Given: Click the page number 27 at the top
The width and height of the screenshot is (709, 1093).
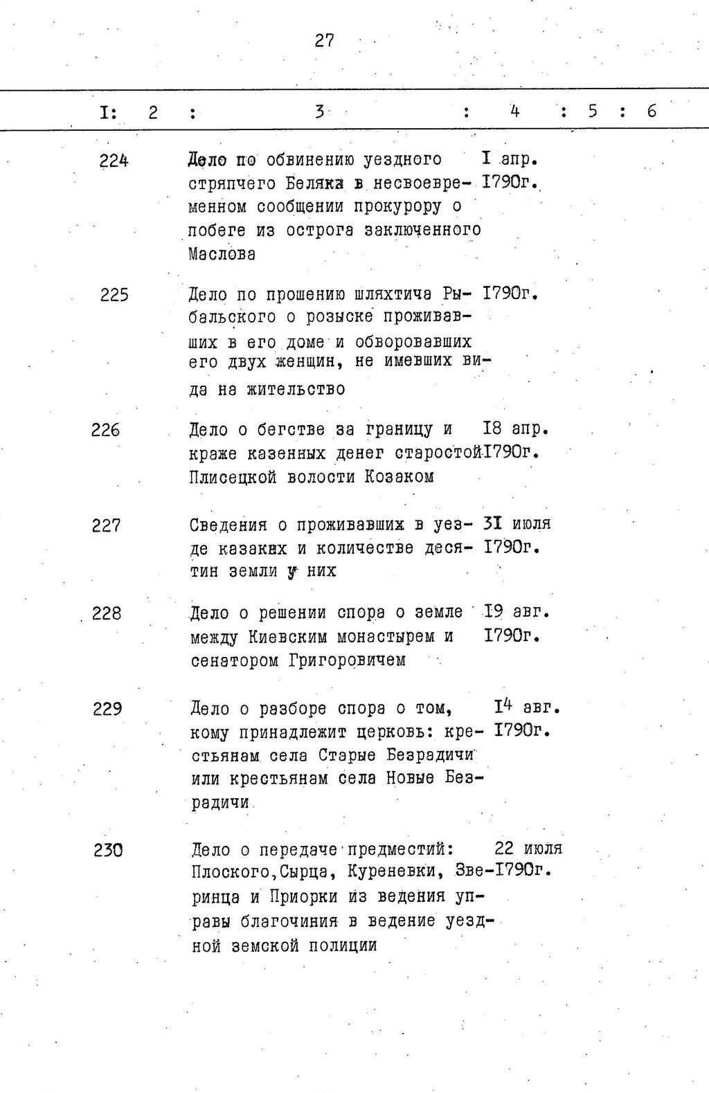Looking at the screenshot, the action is click(x=324, y=41).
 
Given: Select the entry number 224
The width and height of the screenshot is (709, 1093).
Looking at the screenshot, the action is click(x=114, y=161).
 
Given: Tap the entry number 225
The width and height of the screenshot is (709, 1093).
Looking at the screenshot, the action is click(x=114, y=296).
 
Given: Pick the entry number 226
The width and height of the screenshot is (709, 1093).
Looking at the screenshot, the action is click(x=105, y=431).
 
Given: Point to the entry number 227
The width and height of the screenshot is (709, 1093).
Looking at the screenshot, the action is click(x=106, y=525).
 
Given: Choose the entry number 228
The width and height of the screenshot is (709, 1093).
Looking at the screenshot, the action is click(x=106, y=613).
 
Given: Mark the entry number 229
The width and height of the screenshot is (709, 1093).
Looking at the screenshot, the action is click(x=107, y=709).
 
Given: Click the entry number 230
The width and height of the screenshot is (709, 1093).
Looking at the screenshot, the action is click(x=108, y=849).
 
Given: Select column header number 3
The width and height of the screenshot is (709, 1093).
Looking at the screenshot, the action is click(x=319, y=111).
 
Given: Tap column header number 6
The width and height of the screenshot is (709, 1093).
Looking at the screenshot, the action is click(x=652, y=111).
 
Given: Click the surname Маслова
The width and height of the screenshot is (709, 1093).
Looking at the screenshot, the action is click(x=222, y=254).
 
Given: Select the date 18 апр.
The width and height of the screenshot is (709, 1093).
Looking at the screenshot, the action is click(x=516, y=429).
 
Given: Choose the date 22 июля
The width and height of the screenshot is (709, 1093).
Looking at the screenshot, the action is click(x=528, y=848).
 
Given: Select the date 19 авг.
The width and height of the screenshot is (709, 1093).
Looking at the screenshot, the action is click(x=516, y=612).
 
